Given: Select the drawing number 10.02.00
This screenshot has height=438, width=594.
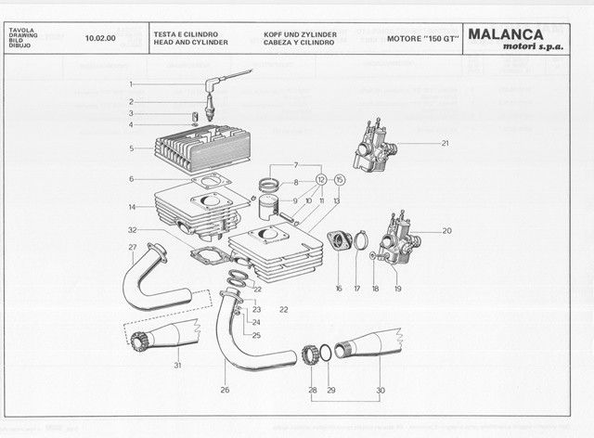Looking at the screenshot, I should click(x=99, y=39).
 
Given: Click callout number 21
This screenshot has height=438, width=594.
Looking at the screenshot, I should click(x=445, y=143).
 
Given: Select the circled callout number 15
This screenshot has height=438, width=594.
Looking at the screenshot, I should click(x=339, y=179).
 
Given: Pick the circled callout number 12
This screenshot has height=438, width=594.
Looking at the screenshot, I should click(x=321, y=179).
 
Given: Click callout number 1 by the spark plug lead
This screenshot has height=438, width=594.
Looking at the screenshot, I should click(x=132, y=84).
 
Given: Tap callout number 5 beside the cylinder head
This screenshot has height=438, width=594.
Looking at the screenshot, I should click(x=132, y=148).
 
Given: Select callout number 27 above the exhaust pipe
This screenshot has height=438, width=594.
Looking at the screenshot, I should click(x=132, y=247).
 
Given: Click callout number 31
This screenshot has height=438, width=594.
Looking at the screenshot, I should click(x=177, y=365).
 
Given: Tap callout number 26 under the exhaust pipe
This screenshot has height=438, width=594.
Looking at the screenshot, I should click(x=225, y=389).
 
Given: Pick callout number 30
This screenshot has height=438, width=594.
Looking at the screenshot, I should click(x=380, y=390).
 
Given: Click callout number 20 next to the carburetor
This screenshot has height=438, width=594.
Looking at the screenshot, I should click(x=446, y=230).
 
